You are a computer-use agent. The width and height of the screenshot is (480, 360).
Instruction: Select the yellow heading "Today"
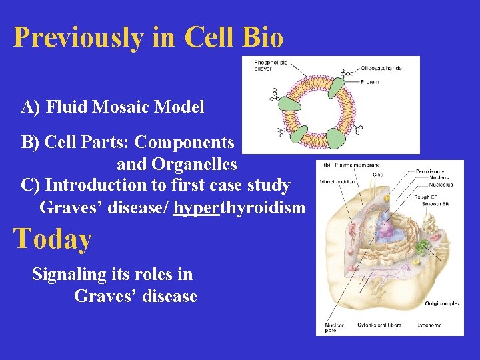[x=53, y=239]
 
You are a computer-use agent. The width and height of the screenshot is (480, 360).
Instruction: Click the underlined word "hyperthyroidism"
[x=239, y=207]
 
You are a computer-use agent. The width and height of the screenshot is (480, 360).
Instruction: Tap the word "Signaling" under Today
[x=69, y=274]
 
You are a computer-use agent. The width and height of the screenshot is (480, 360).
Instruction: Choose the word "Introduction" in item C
[x=101, y=185]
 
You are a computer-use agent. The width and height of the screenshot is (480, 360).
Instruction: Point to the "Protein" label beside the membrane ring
[x=370, y=82]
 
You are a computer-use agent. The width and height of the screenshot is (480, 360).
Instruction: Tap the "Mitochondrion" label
[x=335, y=181]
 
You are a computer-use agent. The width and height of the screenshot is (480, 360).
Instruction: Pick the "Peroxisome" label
[x=430, y=172]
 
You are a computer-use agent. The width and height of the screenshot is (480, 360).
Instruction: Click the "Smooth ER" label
[x=435, y=203]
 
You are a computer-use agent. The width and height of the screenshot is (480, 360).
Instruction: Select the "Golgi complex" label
[x=442, y=303]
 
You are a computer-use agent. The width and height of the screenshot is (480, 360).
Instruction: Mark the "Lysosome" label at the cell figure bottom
[x=429, y=325]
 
